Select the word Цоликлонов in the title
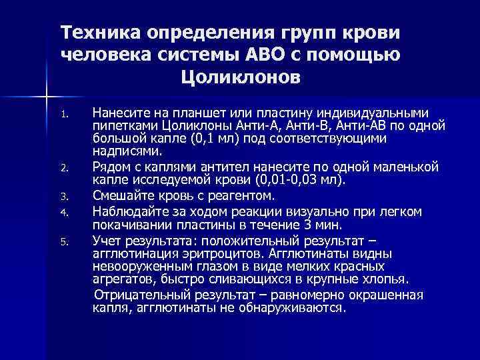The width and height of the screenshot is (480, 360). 240,78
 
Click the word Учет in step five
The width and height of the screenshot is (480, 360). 105,239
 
